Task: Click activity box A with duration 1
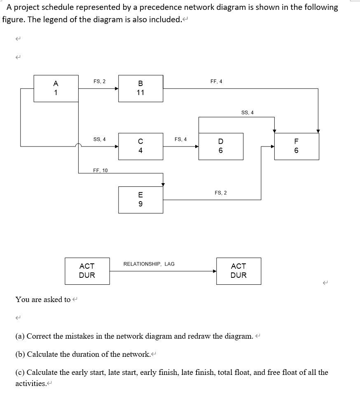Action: click(56, 88)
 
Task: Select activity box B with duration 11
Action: click(140, 88)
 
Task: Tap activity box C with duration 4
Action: click(140, 146)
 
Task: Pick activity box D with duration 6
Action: click(221, 146)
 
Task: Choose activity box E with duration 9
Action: click(140, 200)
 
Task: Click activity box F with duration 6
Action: click(297, 146)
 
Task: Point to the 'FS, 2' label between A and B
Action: click(99, 81)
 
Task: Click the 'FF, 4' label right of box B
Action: click(216, 81)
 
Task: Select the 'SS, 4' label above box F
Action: click(248, 112)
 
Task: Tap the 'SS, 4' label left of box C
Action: click(99, 139)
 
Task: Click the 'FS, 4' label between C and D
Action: click(180, 139)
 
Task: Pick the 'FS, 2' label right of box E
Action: click(220, 193)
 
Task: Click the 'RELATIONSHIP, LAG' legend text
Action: click(149, 264)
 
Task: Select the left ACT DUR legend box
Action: click(87, 271)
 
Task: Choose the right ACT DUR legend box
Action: click(238, 271)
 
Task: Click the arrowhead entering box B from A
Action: click(117, 88)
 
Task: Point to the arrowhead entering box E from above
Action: click(163, 184)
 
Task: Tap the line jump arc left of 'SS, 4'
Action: click(78, 145)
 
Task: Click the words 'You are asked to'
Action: click(43, 300)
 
